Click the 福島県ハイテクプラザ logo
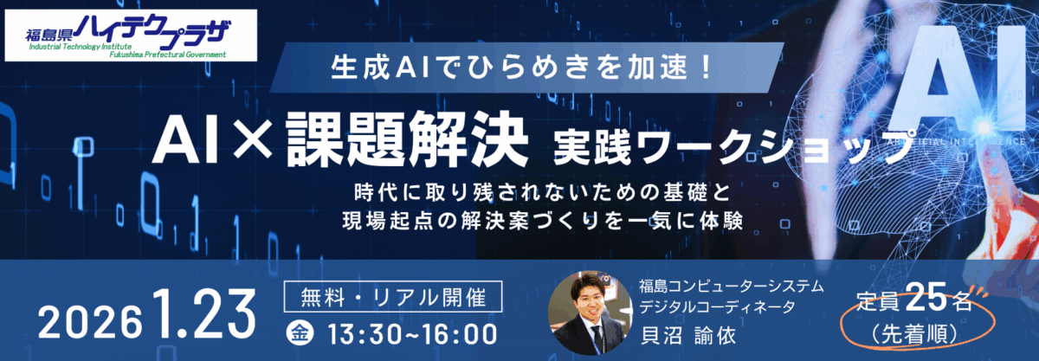click(131, 35)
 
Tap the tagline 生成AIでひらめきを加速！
click(521, 68)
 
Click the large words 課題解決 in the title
click(407, 139)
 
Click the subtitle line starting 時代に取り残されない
click(543, 192)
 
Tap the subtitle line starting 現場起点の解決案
click(543, 221)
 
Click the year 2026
click(90, 323)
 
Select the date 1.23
click(204, 313)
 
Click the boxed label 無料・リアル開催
click(393, 296)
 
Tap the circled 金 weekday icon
click(300, 333)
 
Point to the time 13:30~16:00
click(412, 334)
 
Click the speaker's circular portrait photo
click(590, 313)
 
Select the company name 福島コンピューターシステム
click(732, 286)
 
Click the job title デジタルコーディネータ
click(718, 306)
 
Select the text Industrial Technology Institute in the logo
click(81, 47)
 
